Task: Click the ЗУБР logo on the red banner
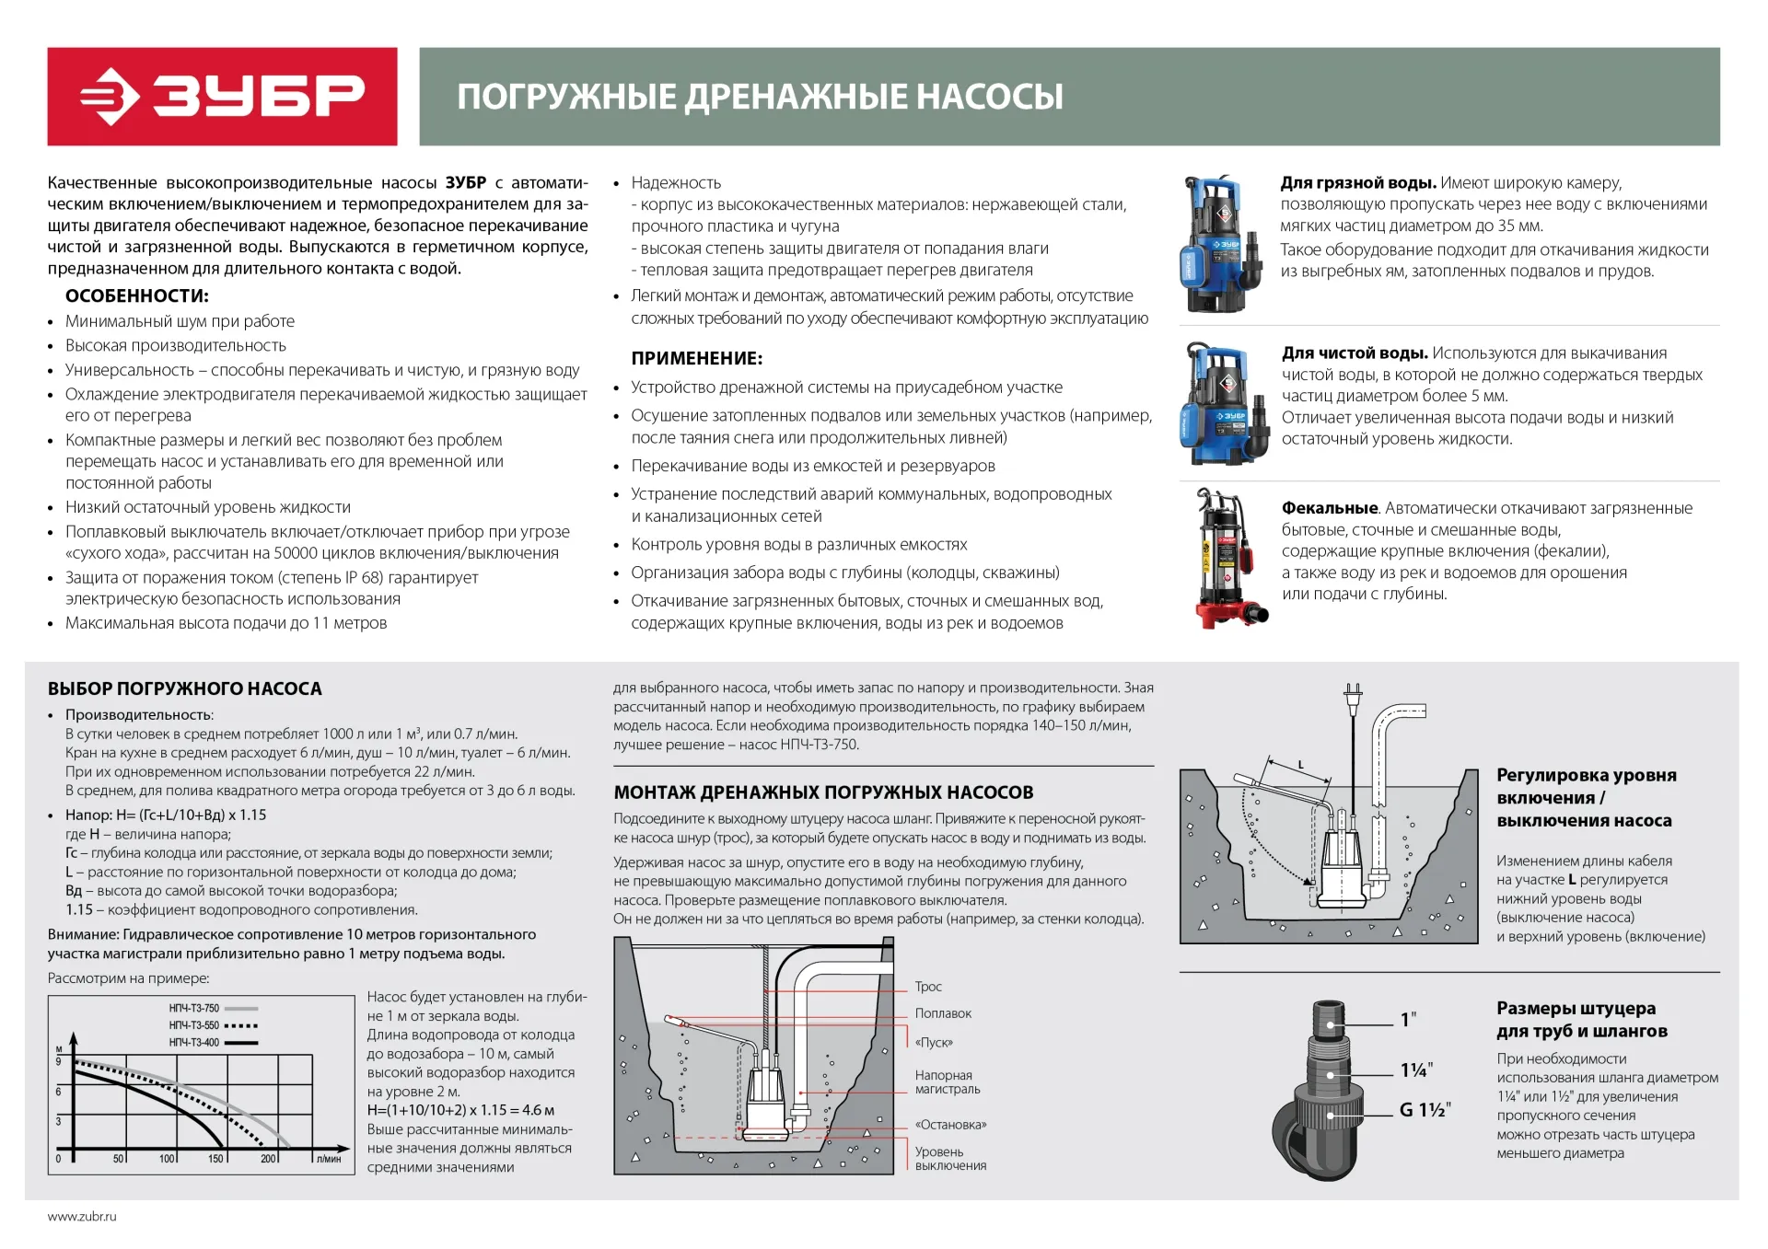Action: pos(223,97)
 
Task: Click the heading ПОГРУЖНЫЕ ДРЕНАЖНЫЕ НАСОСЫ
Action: pos(760,97)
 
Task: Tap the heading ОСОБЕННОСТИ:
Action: pos(137,295)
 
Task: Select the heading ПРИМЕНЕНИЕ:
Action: pos(697,358)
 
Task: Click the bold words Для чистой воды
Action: pos(1355,353)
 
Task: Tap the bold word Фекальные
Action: pos(1330,508)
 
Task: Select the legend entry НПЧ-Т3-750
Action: pos(194,1008)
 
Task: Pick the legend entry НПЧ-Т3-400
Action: pos(194,1042)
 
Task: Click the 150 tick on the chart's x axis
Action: pos(215,1159)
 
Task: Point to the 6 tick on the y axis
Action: pos(59,1092)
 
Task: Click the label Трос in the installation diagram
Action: pos(928,987)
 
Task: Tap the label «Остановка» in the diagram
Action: pos(950,1125)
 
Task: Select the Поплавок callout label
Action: pos(943,1013)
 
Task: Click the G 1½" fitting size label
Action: pos(1425,1110)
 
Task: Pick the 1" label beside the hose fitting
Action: pos(1408,1020)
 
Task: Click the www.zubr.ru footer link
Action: pos(82,1217)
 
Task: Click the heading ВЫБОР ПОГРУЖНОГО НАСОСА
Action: pos(185,688)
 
